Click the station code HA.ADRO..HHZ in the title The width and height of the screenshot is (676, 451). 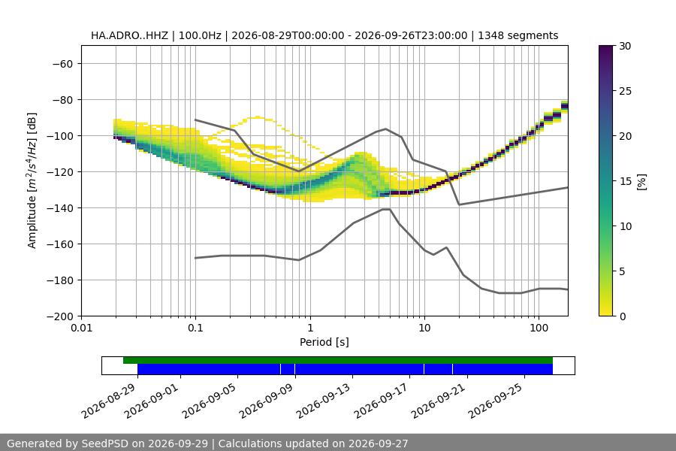point(129,35)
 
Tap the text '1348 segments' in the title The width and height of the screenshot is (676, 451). point(518,35)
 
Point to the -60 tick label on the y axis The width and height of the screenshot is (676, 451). point(62,64)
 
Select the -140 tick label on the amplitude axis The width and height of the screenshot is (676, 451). point(59,208)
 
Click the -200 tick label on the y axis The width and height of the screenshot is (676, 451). point(59,316)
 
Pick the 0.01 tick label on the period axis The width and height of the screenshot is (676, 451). point(81,328)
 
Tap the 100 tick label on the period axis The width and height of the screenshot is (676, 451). point(539,328)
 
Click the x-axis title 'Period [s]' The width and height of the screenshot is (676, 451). point(324,342)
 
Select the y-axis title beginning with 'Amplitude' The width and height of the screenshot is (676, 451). point(32,180)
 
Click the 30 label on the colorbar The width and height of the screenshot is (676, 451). point(625,46)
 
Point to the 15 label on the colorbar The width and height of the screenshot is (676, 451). point(625,181)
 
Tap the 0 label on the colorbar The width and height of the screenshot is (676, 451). point(623,316)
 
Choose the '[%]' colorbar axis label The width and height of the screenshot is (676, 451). point(642,181)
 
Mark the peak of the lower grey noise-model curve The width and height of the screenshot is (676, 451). point(386,209)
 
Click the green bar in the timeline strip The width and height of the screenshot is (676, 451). point(338,360)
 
